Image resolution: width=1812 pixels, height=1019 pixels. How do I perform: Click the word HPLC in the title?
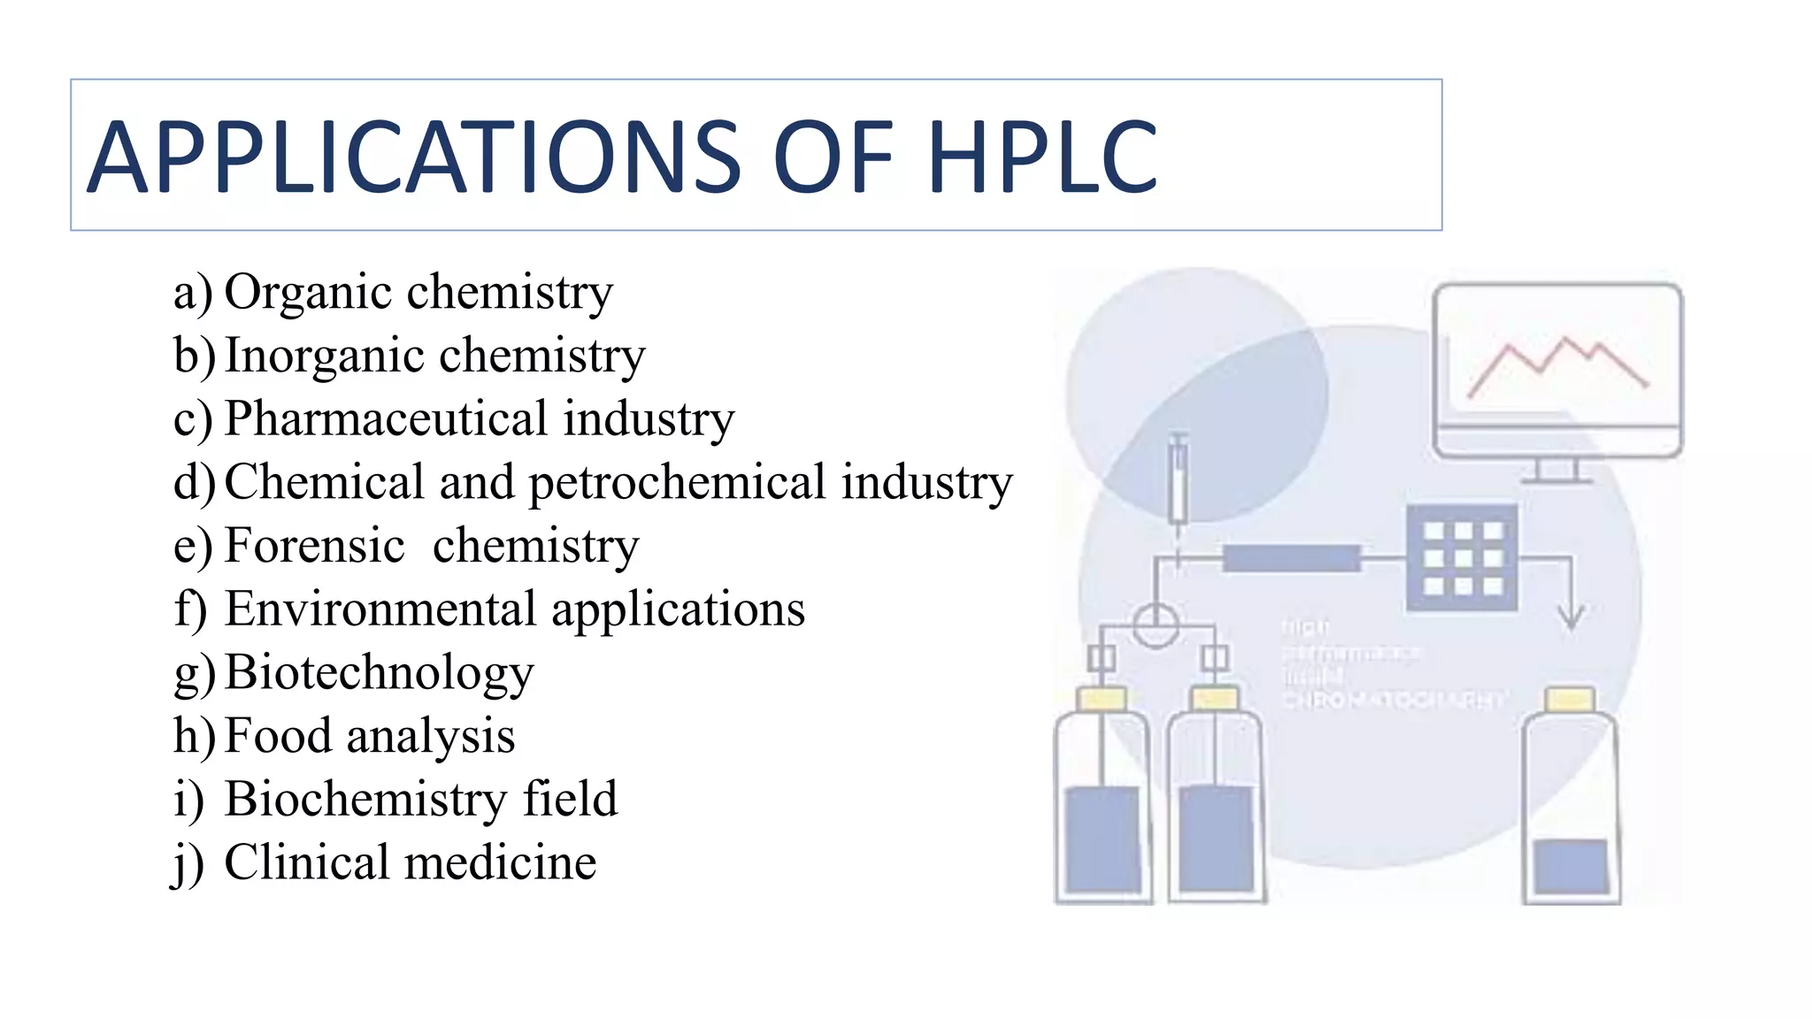point(1042,157)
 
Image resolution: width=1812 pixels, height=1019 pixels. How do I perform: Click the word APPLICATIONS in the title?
point(414,157)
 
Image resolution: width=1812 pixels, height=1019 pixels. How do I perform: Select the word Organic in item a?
point(308,293)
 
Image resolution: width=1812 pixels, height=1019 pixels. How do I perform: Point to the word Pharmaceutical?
point(386,418)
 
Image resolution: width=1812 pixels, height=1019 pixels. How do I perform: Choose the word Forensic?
point(315,545)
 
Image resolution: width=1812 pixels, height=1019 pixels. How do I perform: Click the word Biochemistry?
point(365,799)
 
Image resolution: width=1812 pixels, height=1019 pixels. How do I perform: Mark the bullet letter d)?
point(194,483)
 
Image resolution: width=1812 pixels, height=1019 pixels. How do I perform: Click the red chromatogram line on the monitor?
point(1557,364)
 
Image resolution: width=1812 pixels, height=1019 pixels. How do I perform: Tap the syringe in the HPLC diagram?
point(1178,482)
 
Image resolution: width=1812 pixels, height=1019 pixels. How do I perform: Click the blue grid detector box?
point(1462,557)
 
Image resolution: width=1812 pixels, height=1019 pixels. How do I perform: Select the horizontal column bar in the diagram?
point(1291,558)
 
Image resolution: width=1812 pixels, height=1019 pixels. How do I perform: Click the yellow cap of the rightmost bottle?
point(1570,700)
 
